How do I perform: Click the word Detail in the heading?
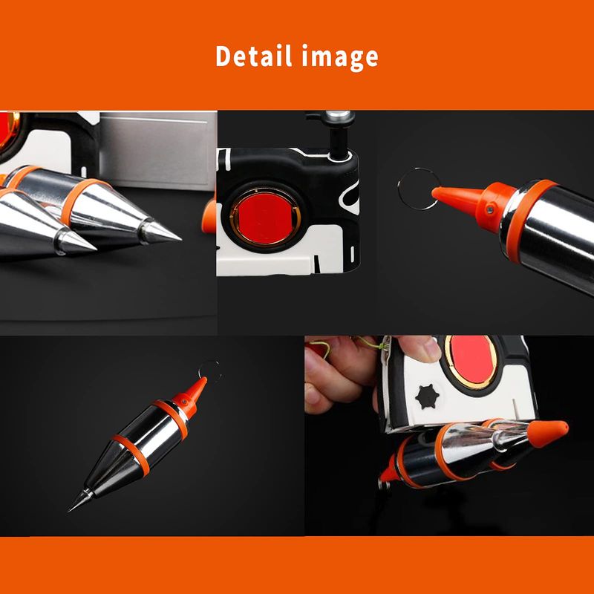253,56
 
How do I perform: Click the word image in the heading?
340,58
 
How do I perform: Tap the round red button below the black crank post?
265,218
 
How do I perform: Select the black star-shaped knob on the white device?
427,396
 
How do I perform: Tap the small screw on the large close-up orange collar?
491,209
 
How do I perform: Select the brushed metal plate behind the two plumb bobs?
157,151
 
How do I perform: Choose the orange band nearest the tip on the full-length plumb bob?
131,454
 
